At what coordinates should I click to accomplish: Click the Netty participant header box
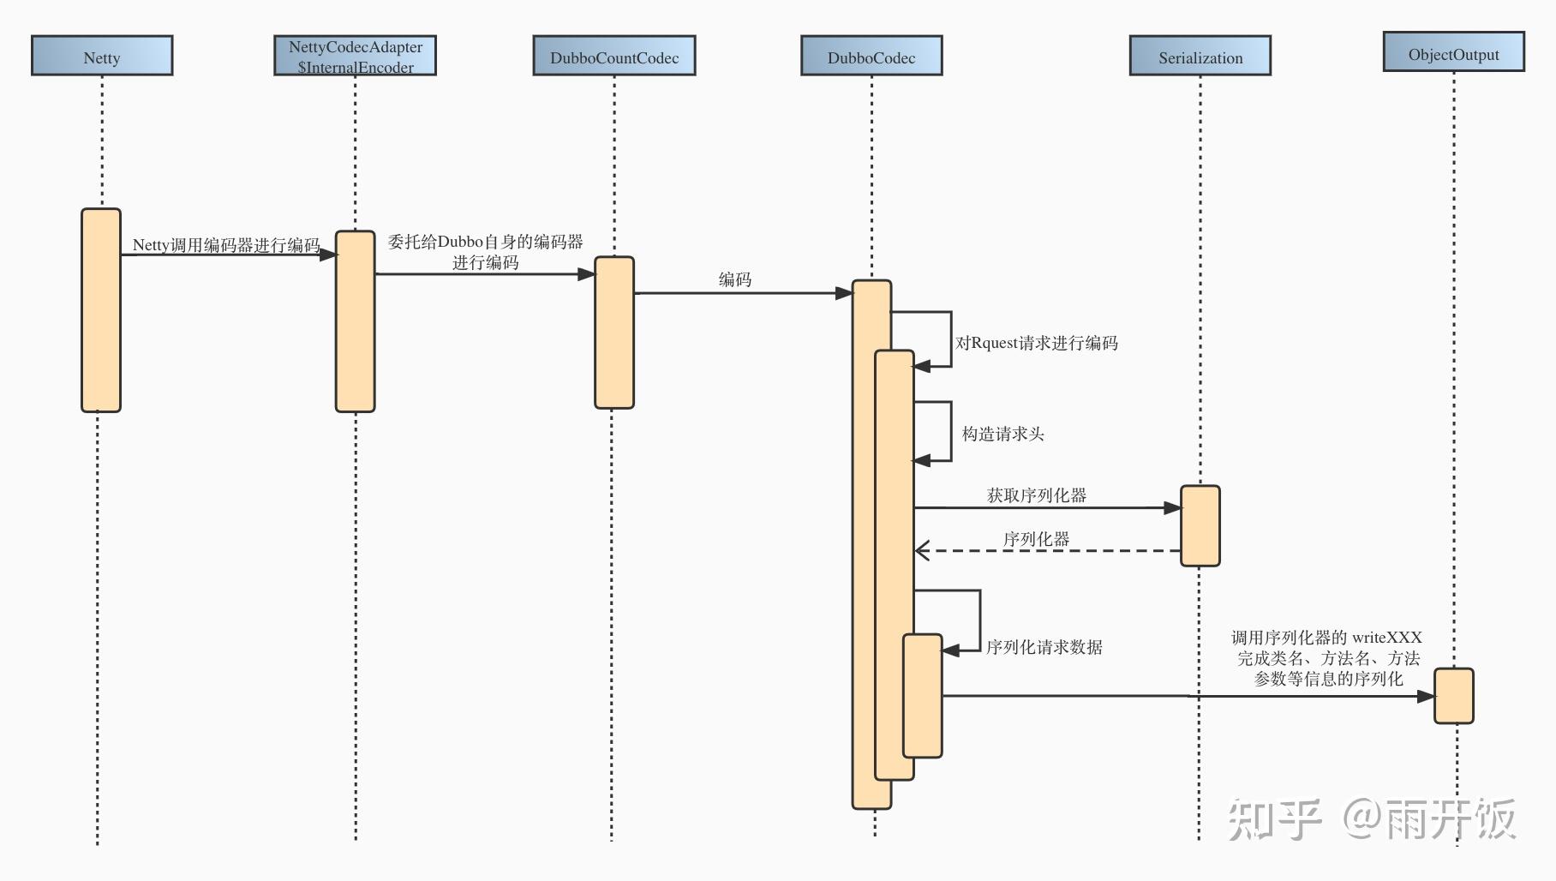coord(102,56)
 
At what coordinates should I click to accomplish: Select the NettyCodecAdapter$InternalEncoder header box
coord(355,56)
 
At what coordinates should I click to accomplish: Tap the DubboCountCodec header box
coord(614,56)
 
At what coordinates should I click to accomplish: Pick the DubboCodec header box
coord(871,56)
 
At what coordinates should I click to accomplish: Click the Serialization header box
coord(1200,56)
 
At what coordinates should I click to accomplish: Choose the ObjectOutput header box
coord(1454,51)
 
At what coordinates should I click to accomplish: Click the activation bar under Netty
coord(101,310)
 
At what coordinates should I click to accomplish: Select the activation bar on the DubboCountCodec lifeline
coord(614,333)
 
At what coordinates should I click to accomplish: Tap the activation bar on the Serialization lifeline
coord(1200,526)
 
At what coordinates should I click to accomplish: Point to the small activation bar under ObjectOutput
coord(1454,696)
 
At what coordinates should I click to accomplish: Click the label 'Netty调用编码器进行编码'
coord(226,245)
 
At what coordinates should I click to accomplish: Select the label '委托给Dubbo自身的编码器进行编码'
coord(486,252)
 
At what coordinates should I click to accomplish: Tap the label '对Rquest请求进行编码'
coord(1037,343)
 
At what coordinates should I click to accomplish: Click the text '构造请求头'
coord(1003,434)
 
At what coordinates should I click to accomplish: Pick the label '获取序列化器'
coord(1037,495)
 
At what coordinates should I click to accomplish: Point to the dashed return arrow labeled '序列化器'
coord(1048,550)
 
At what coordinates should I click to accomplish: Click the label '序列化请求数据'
coord(1044,647)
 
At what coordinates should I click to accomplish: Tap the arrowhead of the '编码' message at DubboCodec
coord(844,293)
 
